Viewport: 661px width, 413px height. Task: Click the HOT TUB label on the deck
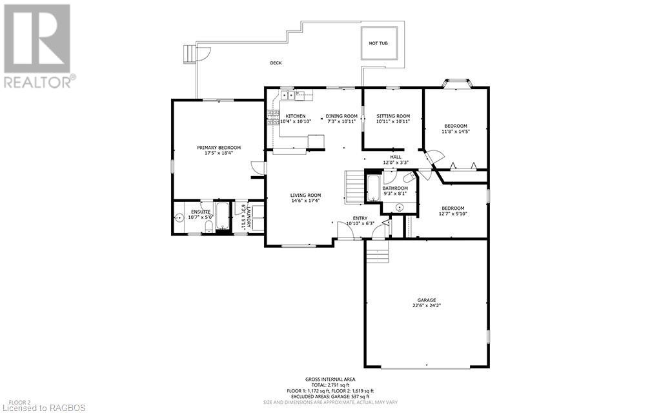(x=378, y=43)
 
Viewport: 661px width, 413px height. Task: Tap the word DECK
(x=276, y=63)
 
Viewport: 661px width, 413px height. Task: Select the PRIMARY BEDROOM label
(x=218, y=147)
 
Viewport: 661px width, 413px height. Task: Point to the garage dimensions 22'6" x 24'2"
(x=426, y=306)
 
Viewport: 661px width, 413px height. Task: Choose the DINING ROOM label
(x=341, y=116)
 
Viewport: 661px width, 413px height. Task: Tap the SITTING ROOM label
(x=393, y=116)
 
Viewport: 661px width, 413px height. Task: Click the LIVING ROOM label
(x=305, y=195)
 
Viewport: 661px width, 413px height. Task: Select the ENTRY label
(x=360, y=218)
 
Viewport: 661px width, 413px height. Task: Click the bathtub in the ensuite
(x=221, y=216)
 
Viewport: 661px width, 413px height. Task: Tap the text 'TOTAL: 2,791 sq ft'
(x=330, y=385)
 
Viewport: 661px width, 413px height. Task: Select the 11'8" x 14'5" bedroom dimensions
(x=455, y=131)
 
